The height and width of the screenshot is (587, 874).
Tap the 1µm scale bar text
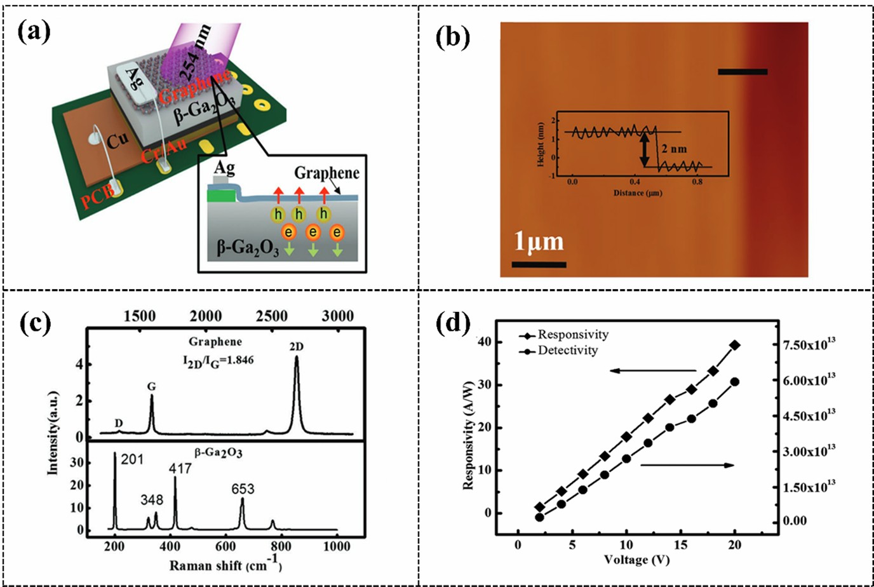538,242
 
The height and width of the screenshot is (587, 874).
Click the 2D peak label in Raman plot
297,346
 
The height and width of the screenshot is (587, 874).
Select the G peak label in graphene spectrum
151,386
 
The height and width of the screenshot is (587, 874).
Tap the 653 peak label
242,489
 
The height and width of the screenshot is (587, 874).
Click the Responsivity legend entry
572,334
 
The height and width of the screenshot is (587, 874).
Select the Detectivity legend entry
567,350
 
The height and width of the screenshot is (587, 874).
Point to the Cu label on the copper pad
117,140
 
